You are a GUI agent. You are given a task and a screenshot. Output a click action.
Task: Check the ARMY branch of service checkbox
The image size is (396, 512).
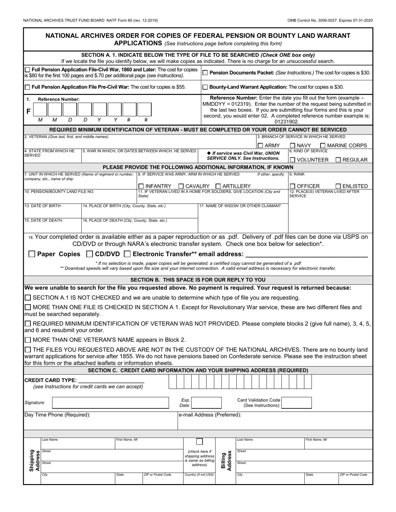coord(260,146)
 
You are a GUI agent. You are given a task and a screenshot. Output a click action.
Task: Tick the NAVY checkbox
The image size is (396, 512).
coord(292,146)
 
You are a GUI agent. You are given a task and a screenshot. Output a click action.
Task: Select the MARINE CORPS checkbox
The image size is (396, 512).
coord(322,146)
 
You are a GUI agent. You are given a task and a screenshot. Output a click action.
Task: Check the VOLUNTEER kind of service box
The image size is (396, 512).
coord(292,160)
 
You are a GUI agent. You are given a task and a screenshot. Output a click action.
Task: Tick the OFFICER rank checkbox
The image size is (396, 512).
coord(292,186)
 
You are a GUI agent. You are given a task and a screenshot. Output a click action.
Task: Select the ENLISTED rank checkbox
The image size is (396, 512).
coord(338,186)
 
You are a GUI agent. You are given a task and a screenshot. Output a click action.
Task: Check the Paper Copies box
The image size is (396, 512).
coord(32,254)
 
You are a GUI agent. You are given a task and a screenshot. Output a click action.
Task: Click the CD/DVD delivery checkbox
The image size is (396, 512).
coord(89,254)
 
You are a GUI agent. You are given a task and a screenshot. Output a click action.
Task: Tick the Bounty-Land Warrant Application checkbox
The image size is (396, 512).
coord(205,87)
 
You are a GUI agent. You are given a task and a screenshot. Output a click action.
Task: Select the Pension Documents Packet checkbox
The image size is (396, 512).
coord(205,73)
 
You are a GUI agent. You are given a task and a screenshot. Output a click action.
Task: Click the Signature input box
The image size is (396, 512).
coord(110,403)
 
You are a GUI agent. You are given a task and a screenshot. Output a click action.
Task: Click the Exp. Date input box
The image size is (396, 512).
coord(206,403)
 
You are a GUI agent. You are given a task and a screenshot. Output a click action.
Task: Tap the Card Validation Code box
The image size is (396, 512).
coord(296,403)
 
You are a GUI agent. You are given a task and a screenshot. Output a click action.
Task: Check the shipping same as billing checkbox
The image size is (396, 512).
coord(200,442)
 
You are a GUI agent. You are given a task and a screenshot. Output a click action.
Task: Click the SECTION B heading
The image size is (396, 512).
coord(198,280)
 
